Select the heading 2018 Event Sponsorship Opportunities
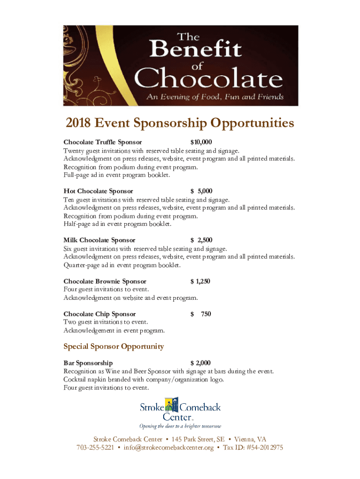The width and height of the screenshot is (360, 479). click(180, 123)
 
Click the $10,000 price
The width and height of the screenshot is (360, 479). click(201, 142)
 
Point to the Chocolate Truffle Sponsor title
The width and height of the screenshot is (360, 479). click(103, 142)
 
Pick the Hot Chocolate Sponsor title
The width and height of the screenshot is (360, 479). click(98, 191)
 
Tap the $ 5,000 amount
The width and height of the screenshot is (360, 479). click(201, 191)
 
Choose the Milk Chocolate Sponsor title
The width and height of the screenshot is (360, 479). click(100, 240)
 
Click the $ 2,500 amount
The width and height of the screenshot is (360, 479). click(201, 240)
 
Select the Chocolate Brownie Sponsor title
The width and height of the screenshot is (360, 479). click(105, 281)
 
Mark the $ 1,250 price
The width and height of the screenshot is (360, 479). click(200, 281)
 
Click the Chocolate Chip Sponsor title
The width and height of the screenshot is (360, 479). click(100, 314)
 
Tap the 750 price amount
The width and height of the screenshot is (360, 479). click(206, 314)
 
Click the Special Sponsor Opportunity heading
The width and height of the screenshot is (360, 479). click(114, 347)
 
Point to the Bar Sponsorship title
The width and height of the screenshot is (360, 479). click(88, 363)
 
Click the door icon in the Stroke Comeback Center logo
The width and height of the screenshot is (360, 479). click(175, 405)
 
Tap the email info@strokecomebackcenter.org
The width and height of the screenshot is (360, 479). click(168, 448)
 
